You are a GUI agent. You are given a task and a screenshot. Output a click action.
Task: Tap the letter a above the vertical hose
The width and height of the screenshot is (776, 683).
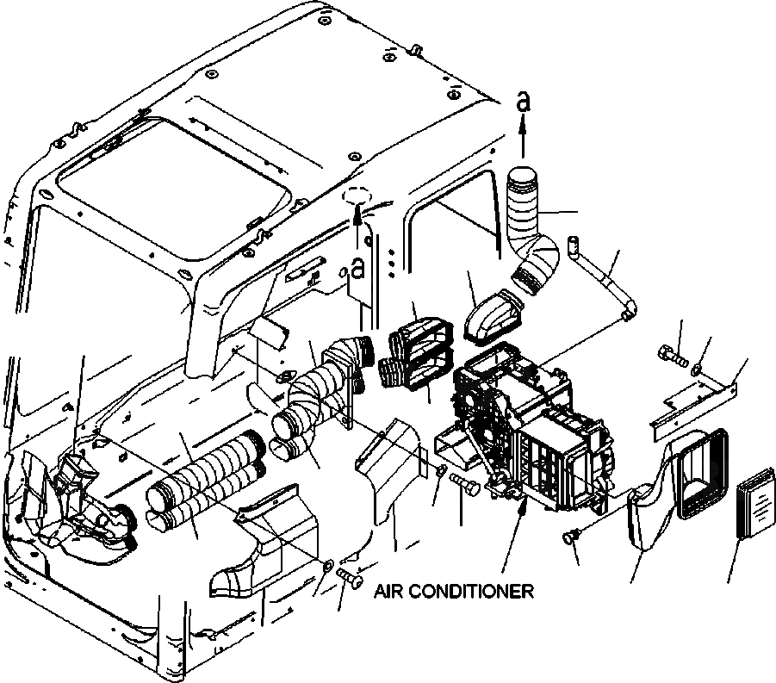pyautogui.click(x=523, y=101)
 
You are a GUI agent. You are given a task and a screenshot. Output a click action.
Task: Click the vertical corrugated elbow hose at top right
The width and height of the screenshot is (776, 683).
pyautogui.click(x=525, y=215)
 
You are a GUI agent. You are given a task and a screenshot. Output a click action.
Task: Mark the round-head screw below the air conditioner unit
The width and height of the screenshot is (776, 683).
pyautogui.click(x=568, y=537)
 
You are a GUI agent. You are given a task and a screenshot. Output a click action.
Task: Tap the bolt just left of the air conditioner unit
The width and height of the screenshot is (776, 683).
pyautogui.click(x=464, y=485)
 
